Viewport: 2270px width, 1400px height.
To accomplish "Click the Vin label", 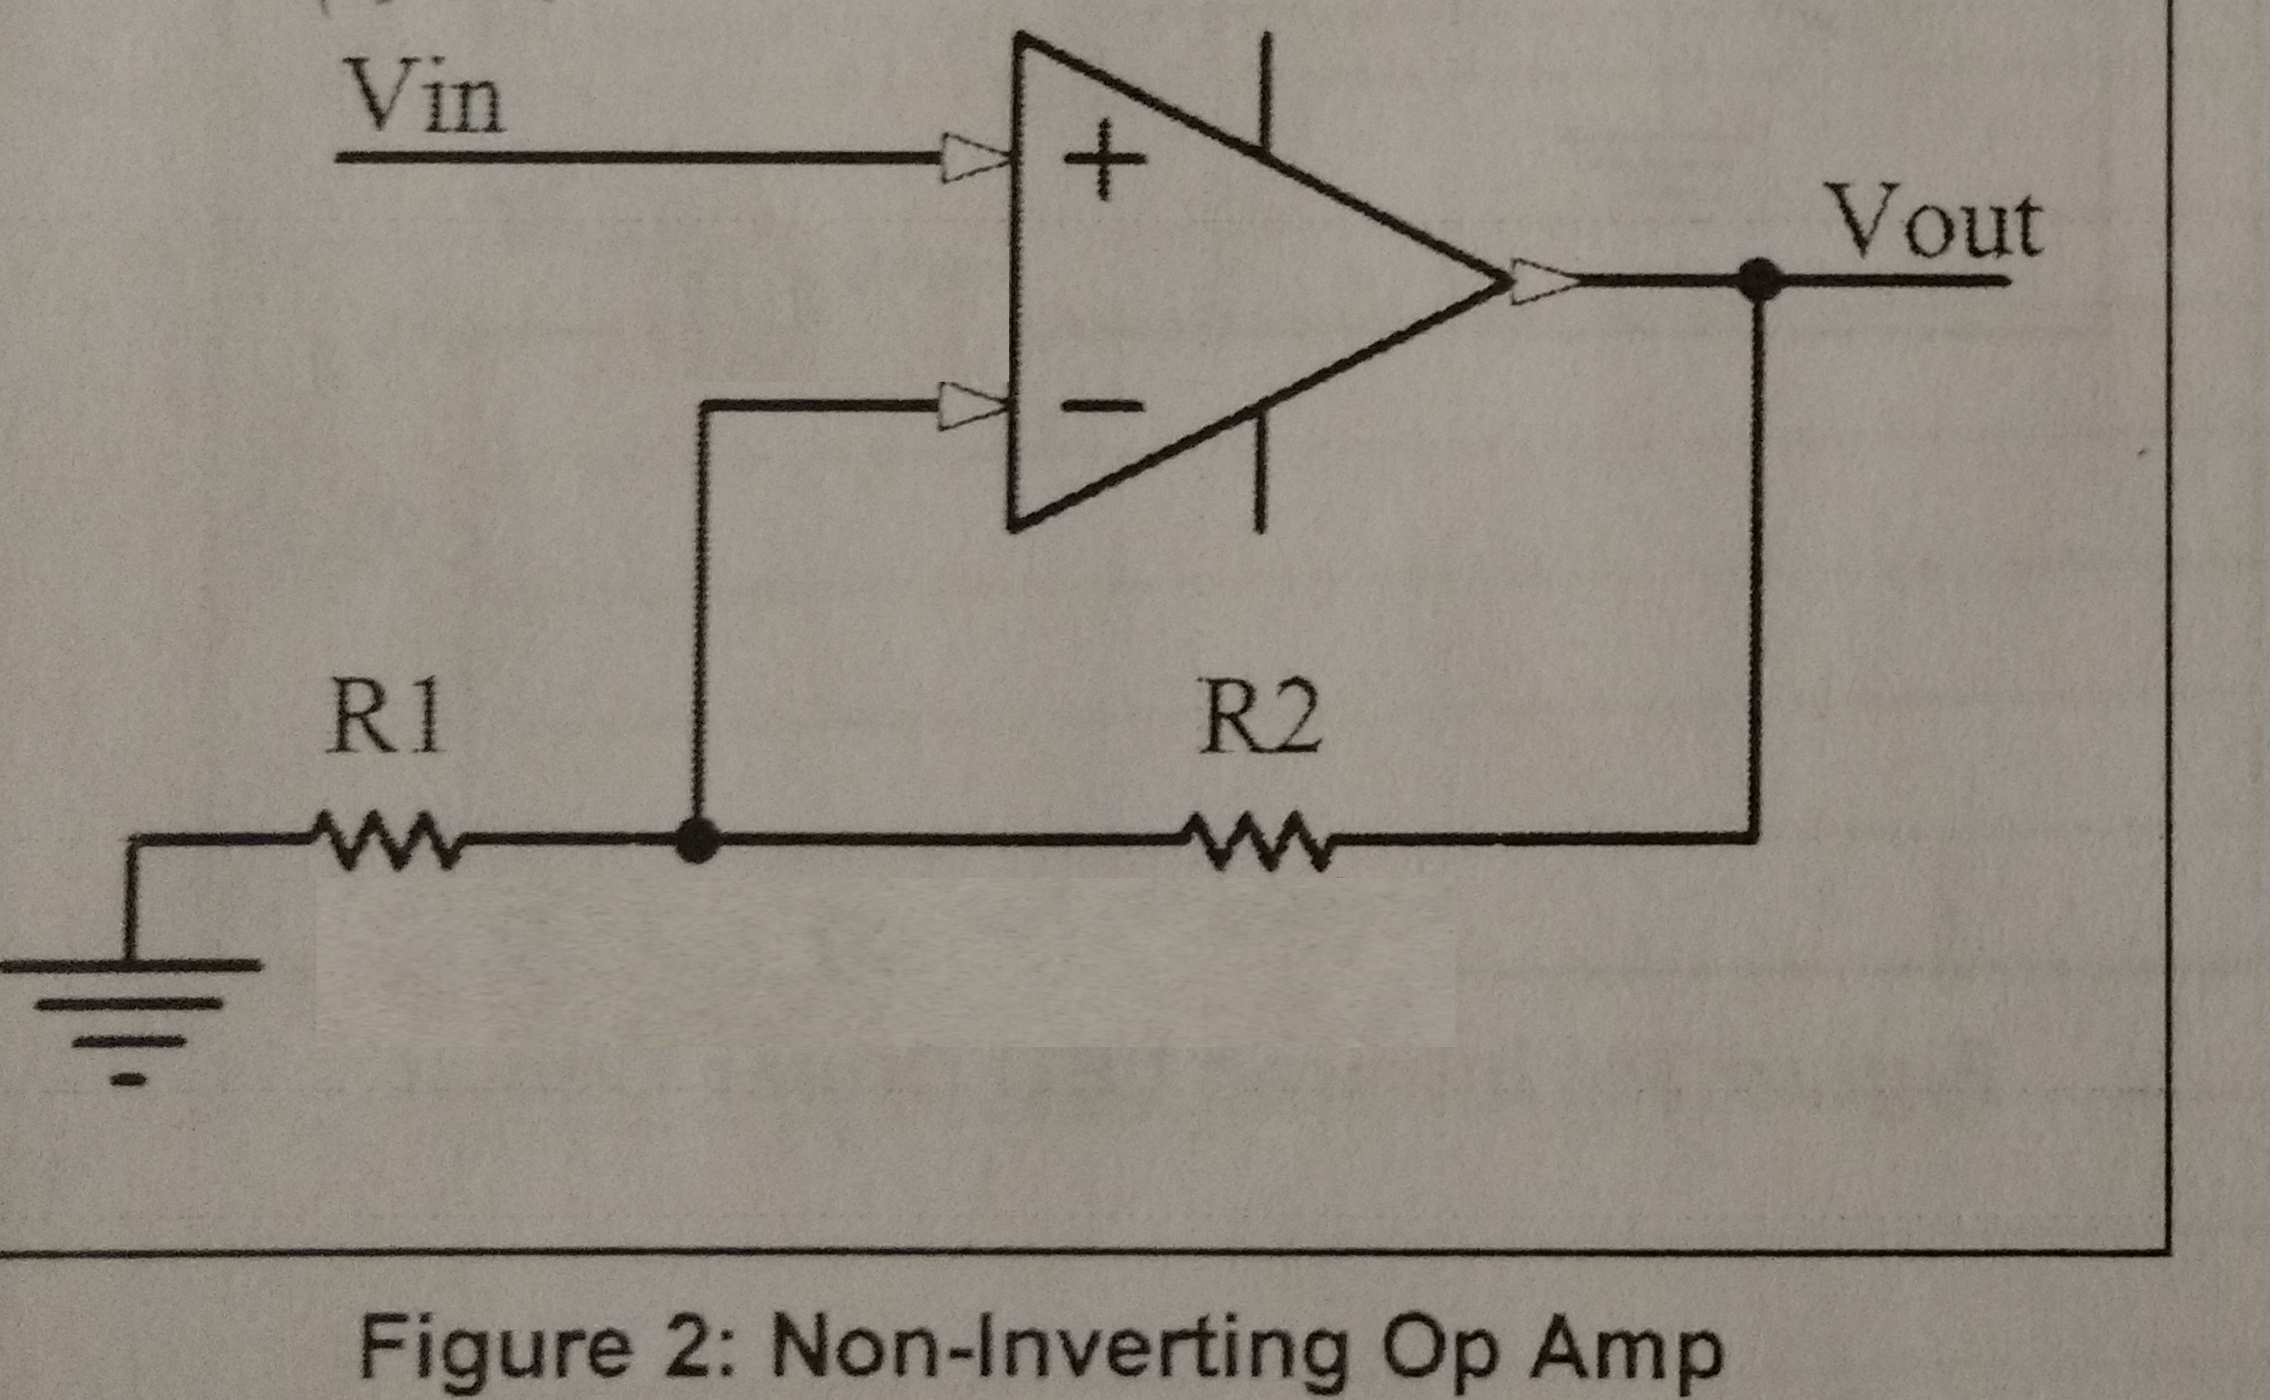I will click(426, 98).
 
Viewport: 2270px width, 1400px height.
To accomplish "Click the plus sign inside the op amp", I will click(1103, 160).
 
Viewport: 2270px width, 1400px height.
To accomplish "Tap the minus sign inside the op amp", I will click(1102, 406).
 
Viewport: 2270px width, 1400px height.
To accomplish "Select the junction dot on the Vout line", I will click(1759, 280).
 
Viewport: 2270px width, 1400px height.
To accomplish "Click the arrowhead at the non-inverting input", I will click(974, 158).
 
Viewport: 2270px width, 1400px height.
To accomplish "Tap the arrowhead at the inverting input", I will click(972, 405).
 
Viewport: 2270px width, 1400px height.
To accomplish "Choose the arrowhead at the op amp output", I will click(1545, 281).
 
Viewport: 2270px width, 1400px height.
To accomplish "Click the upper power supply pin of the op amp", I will click(1265, 91).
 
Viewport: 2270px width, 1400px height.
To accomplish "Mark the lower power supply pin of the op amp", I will click(1260, 471).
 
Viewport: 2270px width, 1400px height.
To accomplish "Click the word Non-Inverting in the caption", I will click(1058, 1350).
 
